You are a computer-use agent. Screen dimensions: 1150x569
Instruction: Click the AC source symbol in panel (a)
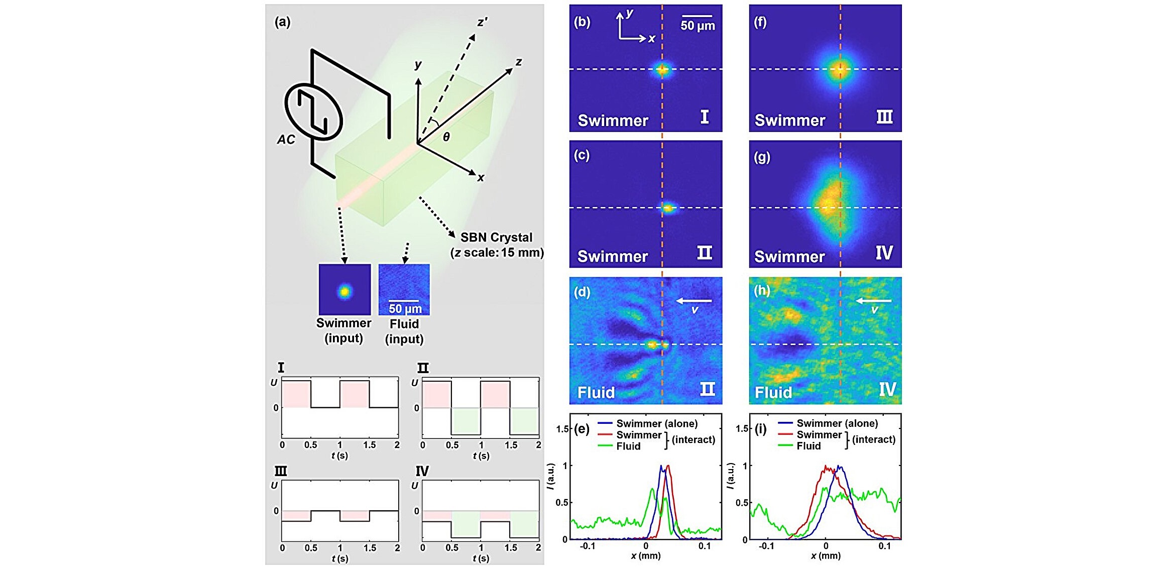click(x=313, y=112)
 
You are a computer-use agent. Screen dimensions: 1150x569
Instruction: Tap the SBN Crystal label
click(x=496, y=237)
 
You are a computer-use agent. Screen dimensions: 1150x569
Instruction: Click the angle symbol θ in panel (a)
click(x=446, y=137)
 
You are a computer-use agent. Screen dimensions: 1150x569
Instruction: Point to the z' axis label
click(x=482, y=23)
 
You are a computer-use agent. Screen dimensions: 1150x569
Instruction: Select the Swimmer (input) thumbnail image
click(x=344, y=290)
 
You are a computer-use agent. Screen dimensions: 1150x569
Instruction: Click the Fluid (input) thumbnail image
click(x=404, y=290)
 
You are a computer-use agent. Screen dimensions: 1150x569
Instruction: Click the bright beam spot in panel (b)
click(x=662, y=70)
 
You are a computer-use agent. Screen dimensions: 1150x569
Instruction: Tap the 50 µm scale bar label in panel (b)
click(x=698, y=25)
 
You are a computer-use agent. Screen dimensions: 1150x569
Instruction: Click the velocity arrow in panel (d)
click(x=694, y=301)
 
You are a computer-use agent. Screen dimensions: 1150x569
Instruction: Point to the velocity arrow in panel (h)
click(x=873, y=301)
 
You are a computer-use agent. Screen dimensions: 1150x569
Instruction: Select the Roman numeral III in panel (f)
click(x=884, y=117)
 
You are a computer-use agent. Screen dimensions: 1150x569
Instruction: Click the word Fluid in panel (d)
click(x=596, y=392)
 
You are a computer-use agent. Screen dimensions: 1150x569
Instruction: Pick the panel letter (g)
click(x=762, y=157)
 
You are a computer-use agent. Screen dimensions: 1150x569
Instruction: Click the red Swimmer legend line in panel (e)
click(x=605, y=434)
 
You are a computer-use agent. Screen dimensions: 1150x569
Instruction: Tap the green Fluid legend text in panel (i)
click(x=809, y=446)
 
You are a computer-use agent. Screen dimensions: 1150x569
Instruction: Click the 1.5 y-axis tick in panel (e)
click(x=562, y=428)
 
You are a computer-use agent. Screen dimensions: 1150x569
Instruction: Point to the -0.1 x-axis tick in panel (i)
click(x=766, y=546)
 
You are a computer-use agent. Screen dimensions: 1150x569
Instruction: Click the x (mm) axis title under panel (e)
click(x=646, y=556)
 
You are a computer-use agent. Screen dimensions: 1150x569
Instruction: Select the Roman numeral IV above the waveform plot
click(x=422, y=471)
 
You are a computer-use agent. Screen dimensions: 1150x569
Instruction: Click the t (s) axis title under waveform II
click(x=481, y=456)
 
